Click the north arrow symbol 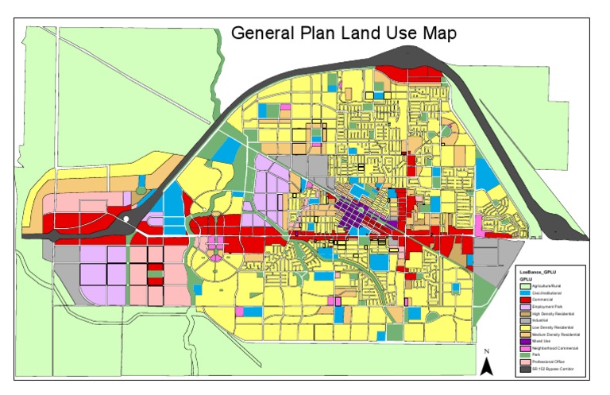tap(488, 365)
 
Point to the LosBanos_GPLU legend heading tap(535, 271)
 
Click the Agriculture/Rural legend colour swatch tap(525, 286)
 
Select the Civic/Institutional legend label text tap(549, 294)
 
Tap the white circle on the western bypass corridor tap(126, 218)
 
